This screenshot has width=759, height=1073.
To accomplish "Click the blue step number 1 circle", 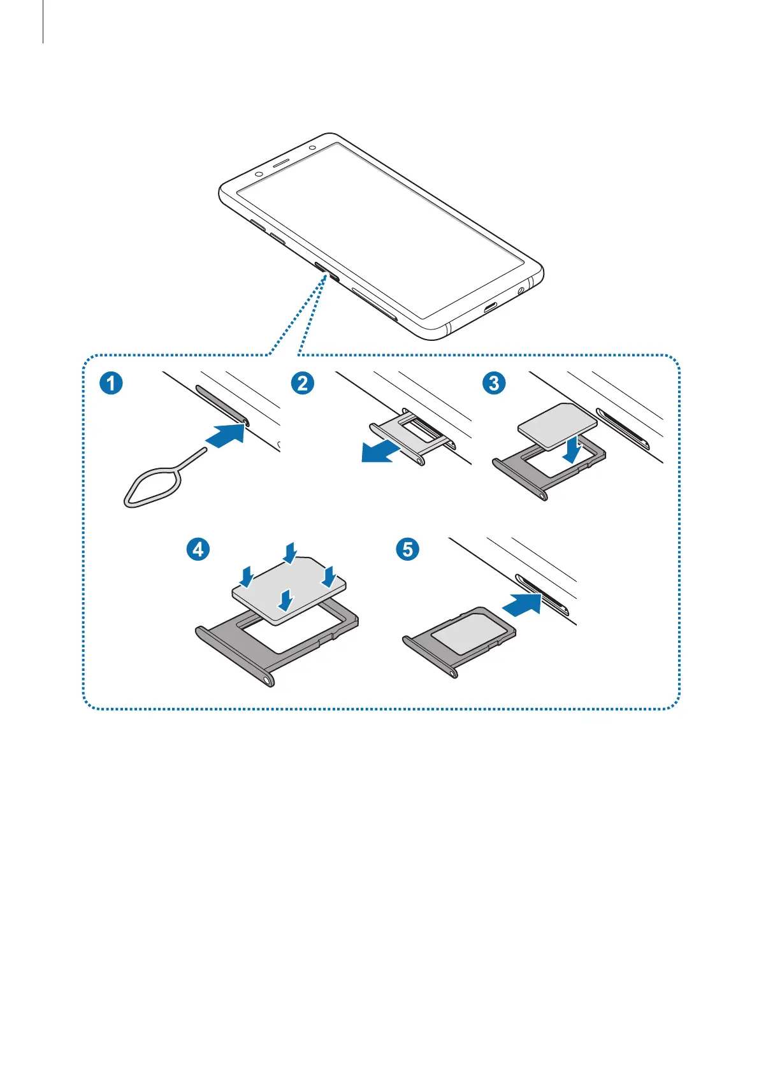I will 111,384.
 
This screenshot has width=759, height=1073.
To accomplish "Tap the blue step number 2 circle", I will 302,384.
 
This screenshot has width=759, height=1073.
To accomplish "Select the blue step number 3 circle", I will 494,384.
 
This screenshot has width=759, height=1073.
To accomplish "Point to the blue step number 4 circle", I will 198,549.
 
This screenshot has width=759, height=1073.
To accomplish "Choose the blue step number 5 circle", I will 408,549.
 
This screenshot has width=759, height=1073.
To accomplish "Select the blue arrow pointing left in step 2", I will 381,452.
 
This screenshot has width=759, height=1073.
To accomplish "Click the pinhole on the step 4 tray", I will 266,679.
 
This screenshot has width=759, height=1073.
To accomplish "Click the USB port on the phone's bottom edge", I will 491,310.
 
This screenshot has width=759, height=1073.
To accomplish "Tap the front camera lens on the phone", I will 259,174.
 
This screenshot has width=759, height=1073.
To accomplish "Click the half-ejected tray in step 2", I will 412,433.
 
